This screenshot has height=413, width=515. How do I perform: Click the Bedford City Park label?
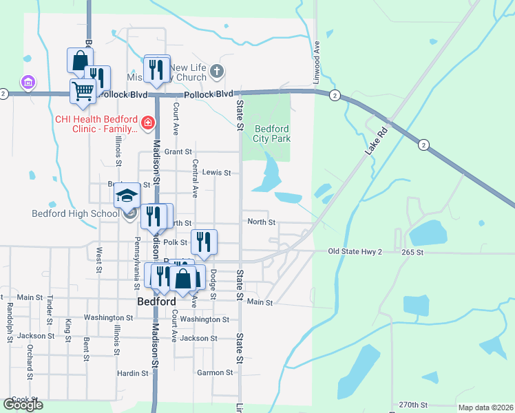[273, 134]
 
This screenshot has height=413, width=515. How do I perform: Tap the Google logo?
[23, 405]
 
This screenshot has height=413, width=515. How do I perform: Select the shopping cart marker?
[83, 91]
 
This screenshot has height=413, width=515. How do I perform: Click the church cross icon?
[216, 71]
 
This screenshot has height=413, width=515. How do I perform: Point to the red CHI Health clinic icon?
[147, 123]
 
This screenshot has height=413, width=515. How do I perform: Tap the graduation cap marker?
[127, 196]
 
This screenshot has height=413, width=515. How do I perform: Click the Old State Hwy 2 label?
[355, 252]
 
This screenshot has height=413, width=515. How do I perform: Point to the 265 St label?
[415, 253]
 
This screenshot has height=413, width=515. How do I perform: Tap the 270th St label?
[413, 405]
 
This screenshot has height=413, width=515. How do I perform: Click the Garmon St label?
[215, 372]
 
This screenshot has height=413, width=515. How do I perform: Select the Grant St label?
[178, 151]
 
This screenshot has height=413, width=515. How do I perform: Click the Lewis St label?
[217, 173]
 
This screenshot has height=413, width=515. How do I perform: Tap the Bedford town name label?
[156, 301]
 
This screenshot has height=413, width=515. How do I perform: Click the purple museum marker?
[28, 83]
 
